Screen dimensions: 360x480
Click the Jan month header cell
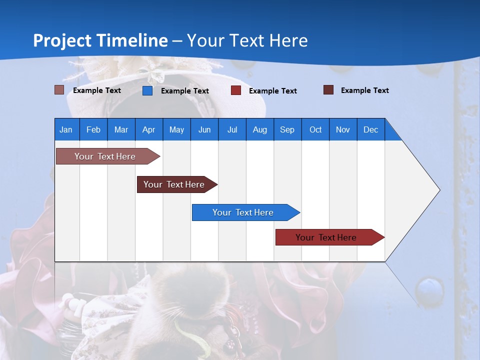pos(66,129)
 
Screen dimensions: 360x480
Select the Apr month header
pos(149,129)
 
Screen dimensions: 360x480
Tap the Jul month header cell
pos(232,129)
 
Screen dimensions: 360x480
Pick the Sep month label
pos(287,129)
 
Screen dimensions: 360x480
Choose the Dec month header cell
pos(370,129)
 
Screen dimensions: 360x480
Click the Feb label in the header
pos(93,129)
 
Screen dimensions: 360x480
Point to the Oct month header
pos(315,129)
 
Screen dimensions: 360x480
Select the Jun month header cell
pos(204,129)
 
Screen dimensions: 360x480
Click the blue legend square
pos(147,90)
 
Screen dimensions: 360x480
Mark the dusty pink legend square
pos(59,90)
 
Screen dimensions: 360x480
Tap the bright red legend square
pos(236,90)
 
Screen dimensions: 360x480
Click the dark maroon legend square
pos(328,90)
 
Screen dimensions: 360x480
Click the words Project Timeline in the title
pos(100,40)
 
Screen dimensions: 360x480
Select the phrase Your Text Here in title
pos(247,40)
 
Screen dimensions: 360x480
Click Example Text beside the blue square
pos(185,91)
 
